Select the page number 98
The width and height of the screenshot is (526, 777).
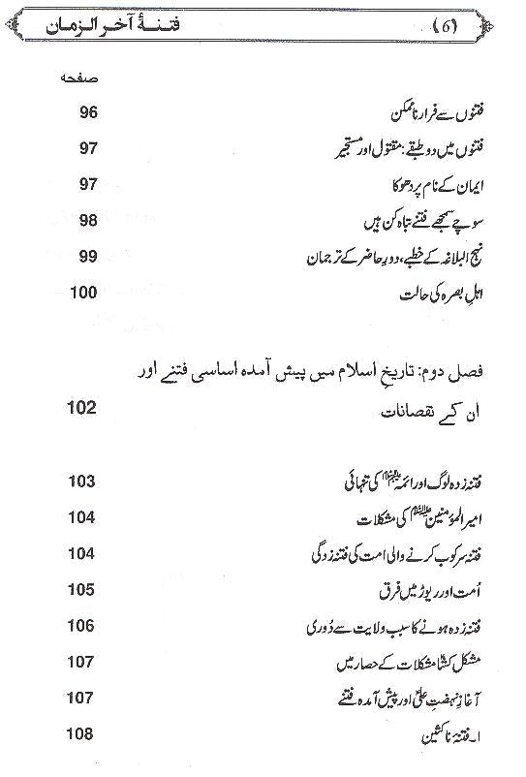[85, 222]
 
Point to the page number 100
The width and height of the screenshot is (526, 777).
[82, 292]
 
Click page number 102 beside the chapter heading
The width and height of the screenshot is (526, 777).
[81, 408]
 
